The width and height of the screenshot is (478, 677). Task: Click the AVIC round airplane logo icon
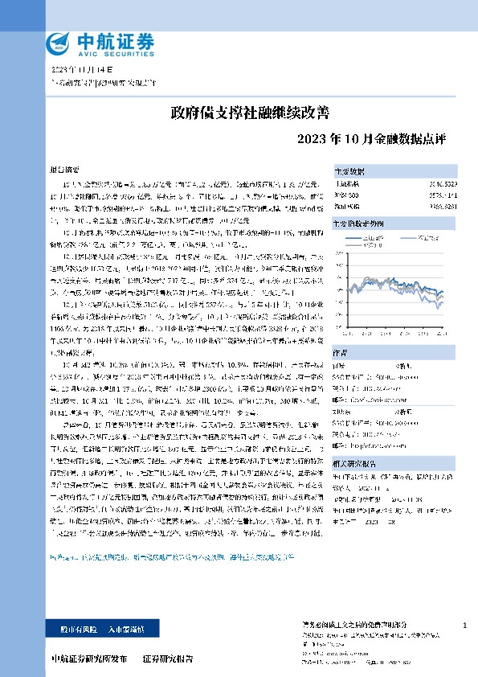coord(59,41)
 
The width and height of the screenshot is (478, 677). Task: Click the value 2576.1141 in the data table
coord(439,195)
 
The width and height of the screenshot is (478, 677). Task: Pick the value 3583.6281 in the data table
coord(439,205)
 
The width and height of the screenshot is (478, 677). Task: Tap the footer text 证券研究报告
coord(168,659)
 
